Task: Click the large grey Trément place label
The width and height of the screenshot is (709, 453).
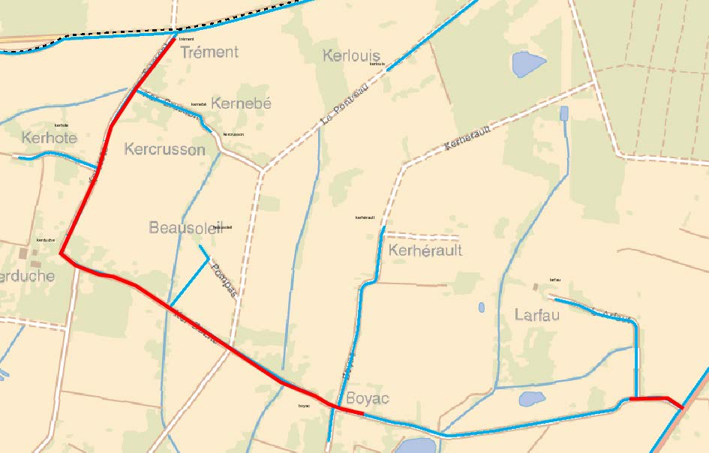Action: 209,52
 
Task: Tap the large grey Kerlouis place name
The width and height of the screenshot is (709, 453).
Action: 351,55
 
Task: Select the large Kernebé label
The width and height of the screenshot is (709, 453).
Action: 241,103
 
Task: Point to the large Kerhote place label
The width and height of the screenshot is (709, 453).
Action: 50,138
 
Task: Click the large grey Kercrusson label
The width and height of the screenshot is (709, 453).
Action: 164,149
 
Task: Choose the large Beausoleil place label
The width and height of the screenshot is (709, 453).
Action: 185,227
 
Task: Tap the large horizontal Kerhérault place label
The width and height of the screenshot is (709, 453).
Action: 425,250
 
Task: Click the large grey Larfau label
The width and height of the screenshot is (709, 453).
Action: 537,314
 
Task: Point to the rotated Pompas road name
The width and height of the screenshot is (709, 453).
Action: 224,280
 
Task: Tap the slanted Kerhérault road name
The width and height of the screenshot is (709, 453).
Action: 467,137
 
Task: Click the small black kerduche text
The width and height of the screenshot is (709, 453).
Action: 46,240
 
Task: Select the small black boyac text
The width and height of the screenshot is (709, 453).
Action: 304,406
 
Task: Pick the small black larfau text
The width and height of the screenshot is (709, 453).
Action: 555,280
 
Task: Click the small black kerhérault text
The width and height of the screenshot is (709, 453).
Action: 365,217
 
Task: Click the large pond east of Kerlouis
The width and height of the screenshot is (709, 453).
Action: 529,64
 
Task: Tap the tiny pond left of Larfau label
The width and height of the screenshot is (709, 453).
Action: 481,307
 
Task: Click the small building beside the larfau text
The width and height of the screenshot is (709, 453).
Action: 536,286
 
